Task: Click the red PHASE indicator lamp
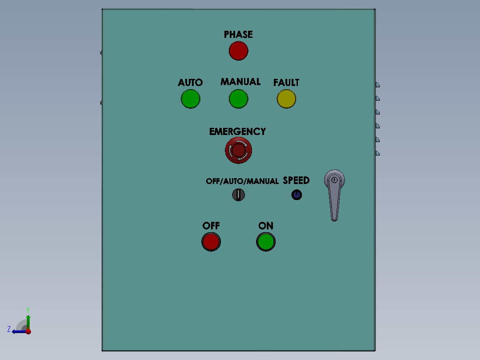[x=239, y=51]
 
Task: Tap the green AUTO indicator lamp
[x=191, y=98]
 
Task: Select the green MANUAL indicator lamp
[x=239, y=98]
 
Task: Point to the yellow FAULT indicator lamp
[x=286, y=98]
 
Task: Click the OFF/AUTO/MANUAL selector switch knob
[x=239, y=195]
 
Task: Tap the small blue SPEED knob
[x=297, y=195]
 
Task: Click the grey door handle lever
[x=334, y=195]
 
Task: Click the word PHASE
[x=238, y=34]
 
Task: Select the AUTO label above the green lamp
[x=190, y=82]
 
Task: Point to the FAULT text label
[x=286, y=82]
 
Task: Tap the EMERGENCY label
[x=238, y=131]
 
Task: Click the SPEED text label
[x=296, y=180]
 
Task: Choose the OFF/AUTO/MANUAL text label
[x=242, y=181]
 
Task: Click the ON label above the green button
[x=266, y=226]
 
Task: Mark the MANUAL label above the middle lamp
[x=240, y=82]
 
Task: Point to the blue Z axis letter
[x=9, y=329]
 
